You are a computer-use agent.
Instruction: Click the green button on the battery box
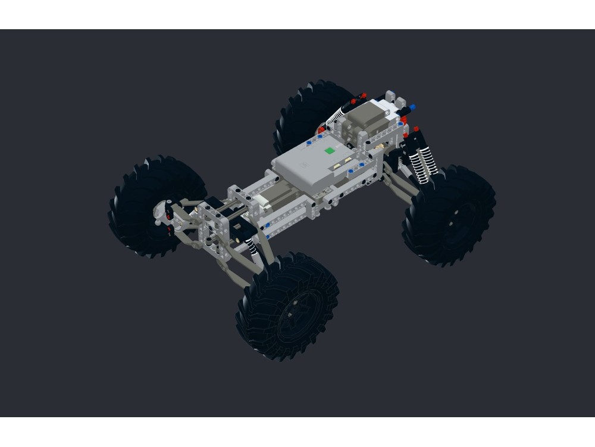click(328, 151)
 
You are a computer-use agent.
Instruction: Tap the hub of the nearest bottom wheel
click(293, 310)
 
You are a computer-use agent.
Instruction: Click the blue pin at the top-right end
click(412, 108)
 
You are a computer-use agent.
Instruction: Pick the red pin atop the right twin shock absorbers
click(416, 129)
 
